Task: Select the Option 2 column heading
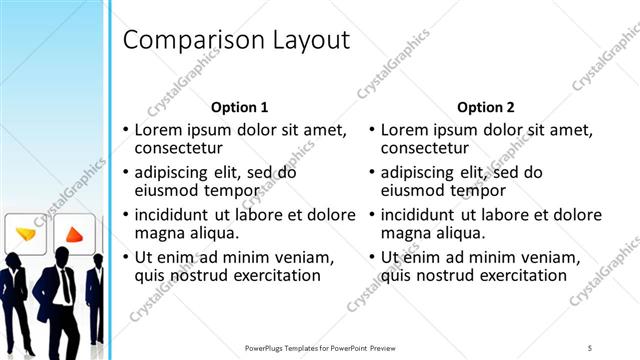tap(486, 106)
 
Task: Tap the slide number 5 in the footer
tap(590, 347)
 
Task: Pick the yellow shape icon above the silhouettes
tap(26, 234)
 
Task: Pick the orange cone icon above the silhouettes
tap(74, 234)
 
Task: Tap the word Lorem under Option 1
tap(160, 130)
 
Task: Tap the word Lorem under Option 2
tap(406, 130)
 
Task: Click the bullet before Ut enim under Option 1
tap(126, 257)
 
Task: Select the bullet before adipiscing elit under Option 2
tap(372, 173)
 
